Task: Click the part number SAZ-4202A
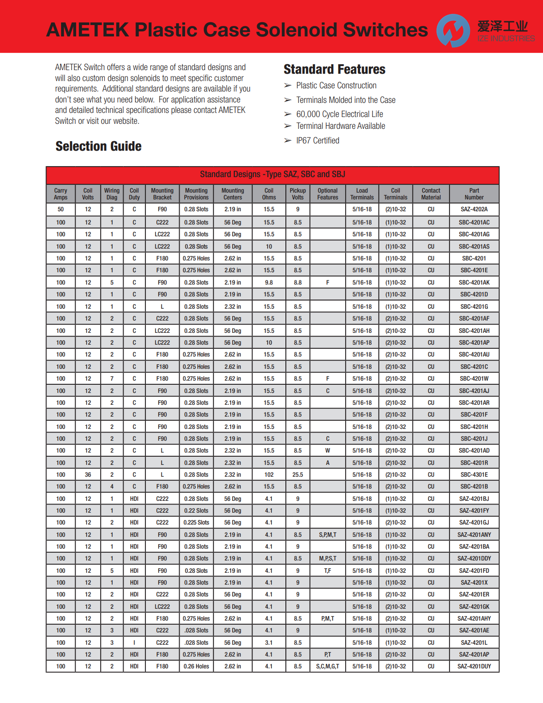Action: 474,209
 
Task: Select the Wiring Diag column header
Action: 112,194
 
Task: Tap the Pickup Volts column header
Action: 297,194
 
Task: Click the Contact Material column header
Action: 431,194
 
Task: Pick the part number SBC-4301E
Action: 474,475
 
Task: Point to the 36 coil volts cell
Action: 88,475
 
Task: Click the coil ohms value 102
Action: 269,475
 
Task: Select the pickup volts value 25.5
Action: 297,475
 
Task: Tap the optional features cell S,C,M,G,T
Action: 327,667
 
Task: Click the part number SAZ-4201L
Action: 474,643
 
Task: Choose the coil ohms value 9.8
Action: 269,283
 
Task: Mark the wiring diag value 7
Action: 112,379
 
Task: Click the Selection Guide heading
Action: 98,146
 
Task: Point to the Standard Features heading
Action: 334,69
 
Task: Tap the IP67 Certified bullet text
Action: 317,141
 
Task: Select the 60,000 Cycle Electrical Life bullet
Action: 339,114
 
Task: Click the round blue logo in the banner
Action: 453,31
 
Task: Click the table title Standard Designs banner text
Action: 272,174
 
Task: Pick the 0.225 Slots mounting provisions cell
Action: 196,523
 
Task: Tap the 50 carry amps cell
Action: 61,209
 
